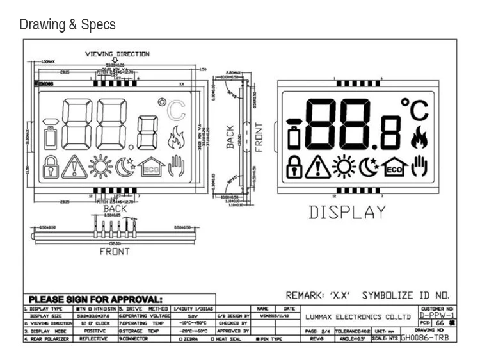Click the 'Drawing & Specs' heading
click(x=68, y=25)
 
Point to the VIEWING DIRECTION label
click(x=118, y=54)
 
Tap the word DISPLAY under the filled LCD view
click(x=348, y=212)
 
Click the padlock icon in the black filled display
click(x=294, y=167)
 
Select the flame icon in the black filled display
click(x=419, y=136)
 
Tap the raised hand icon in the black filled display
click(x=419, y=167)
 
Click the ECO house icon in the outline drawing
click(x=151, y=167)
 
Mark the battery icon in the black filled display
click(x=294, y=137)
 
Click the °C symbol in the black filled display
click(x=414, y=110)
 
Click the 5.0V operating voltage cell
click(x=192, y=316)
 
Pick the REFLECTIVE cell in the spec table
click(x=93, y=338)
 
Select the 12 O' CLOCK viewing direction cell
click(x=93, y=323)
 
